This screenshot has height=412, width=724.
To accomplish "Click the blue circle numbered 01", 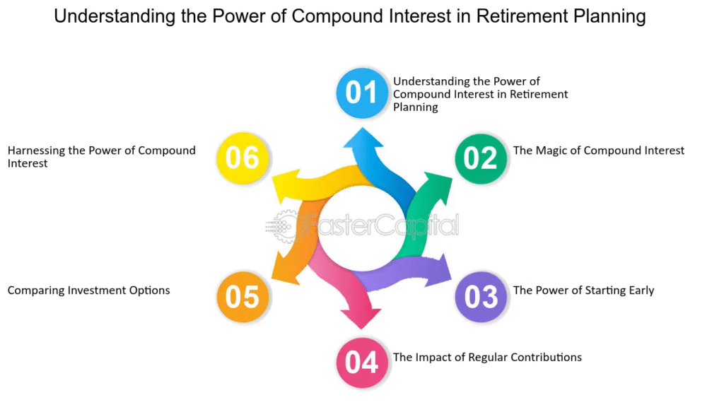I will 361,92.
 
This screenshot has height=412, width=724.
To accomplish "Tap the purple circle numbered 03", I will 481,295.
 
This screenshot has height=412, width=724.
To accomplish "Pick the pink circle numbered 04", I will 361,362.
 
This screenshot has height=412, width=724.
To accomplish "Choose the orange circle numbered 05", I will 243,295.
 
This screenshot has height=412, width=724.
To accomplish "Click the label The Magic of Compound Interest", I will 598,151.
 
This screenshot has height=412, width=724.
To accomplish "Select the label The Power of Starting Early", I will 583,290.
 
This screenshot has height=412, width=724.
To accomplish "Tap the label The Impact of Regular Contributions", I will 487,358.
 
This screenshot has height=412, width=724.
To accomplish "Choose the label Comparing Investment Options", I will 88,290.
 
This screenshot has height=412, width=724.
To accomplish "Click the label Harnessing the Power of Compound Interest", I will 101,156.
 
